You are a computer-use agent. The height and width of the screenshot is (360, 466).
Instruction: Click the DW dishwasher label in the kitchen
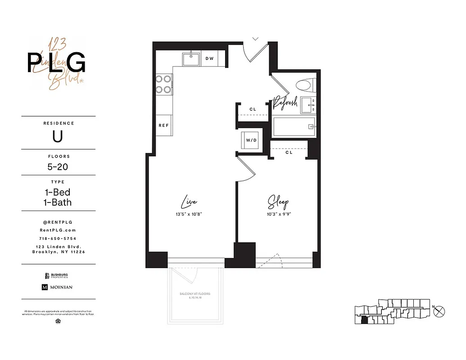click(209, 58)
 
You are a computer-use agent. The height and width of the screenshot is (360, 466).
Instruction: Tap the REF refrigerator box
click(163, 125)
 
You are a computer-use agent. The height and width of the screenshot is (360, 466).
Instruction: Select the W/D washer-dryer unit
click(251, 140)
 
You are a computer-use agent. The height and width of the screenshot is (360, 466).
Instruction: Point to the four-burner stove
click(163, 84)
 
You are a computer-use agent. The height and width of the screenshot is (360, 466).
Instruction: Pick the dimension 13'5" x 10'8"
click(189, 214)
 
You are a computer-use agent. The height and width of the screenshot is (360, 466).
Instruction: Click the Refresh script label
click(286, 103)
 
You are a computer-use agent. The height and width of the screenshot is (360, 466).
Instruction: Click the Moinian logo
click(57, 287)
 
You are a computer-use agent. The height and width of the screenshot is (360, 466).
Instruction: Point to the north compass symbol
click(440, 310)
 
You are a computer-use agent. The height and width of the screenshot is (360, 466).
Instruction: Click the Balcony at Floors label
click(195, 294)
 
